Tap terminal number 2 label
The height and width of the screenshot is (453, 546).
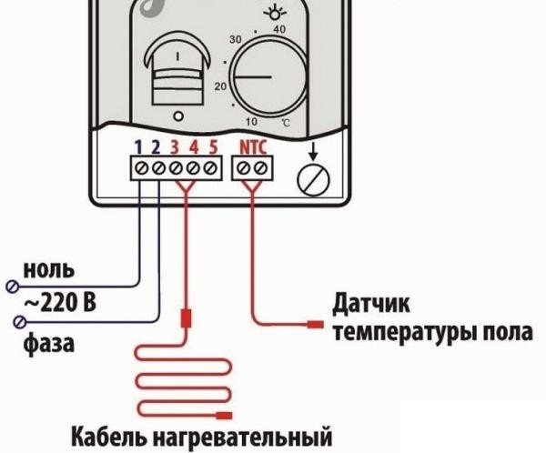click(x=155, y=146)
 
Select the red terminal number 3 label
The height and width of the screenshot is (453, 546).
click(x=174, y=146)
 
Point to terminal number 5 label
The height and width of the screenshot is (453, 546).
click(x=212, y=146)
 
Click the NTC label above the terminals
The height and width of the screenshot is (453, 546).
click(x=252, y=146)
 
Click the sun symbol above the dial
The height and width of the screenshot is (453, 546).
click(x=272, y=13)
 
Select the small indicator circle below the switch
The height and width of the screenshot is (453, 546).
click(x=177, y=116)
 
